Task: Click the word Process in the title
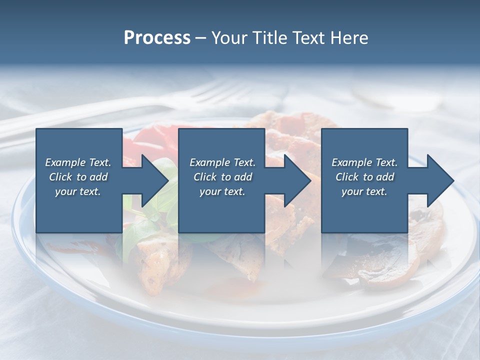pyautogui.click(x=157, y=38)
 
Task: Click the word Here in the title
pyautogui.click(x=349, y=38)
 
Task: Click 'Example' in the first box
pyautogui.click(x=65, y=162)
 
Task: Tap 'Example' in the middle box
pyautogui.click(x=209, y=162)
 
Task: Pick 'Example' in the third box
pyautogui.click(x=351, y=162)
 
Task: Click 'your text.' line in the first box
pyautogui.click(x=78, y=191)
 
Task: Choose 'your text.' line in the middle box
pyautogui.click(x=222, y=191)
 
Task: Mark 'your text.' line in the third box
pyautogui.click(x=364, y=191)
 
